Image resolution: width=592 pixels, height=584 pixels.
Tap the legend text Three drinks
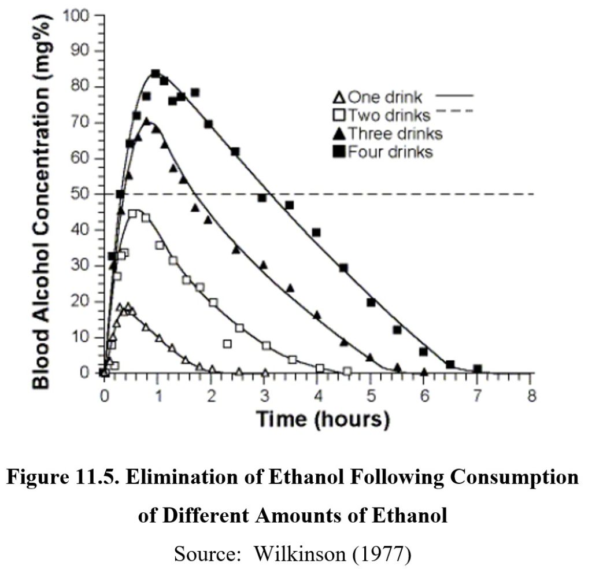pos(395,134)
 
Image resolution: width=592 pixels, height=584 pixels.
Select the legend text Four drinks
pos(390,152)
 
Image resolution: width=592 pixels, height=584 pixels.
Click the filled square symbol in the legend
pos(339,152)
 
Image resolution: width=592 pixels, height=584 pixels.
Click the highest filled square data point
pos(155,73)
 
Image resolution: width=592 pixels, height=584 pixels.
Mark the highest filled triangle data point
pos(147,121)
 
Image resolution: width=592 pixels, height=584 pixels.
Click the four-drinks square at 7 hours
pos(477,369)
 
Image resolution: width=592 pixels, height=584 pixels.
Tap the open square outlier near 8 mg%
pos(227,344)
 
